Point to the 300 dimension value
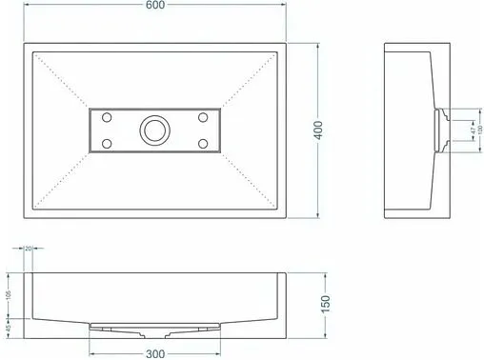[x=155, y=351]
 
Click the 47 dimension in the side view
[x=473, y=128]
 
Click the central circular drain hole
[x=153, y=130]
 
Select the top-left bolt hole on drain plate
[x=107, y=117]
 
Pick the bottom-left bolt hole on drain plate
[x=107, y=143]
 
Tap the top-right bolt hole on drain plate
[x=202, y=117]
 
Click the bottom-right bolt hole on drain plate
[x=202, y=143]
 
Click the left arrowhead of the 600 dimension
[x=23, y=17]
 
